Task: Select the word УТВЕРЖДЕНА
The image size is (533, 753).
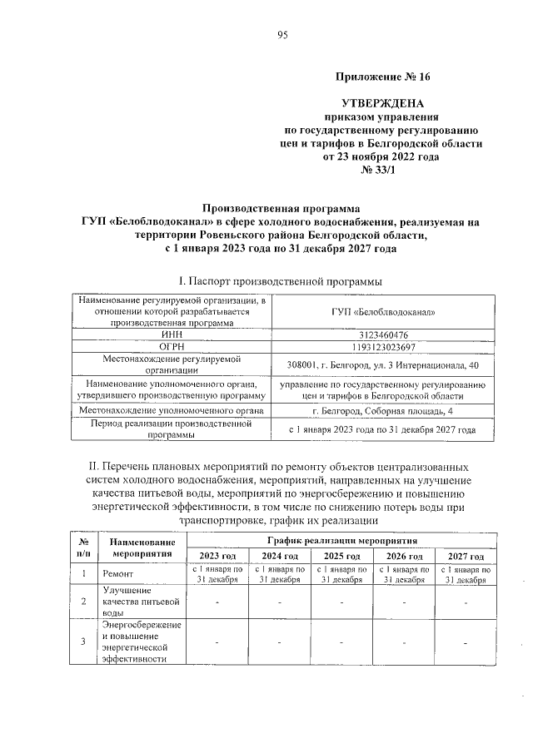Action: pyautogui.click(x=379, y=103)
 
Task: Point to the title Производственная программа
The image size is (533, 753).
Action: pyautogui.click(x=281, y=209)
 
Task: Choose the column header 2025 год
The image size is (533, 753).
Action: pyautogui.click(x=341, y=556)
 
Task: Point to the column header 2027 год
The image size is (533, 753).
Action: pyautogui.click(x=465, y=556)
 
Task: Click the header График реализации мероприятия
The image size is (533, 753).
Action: pyautogui.click(x=341, y=540)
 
